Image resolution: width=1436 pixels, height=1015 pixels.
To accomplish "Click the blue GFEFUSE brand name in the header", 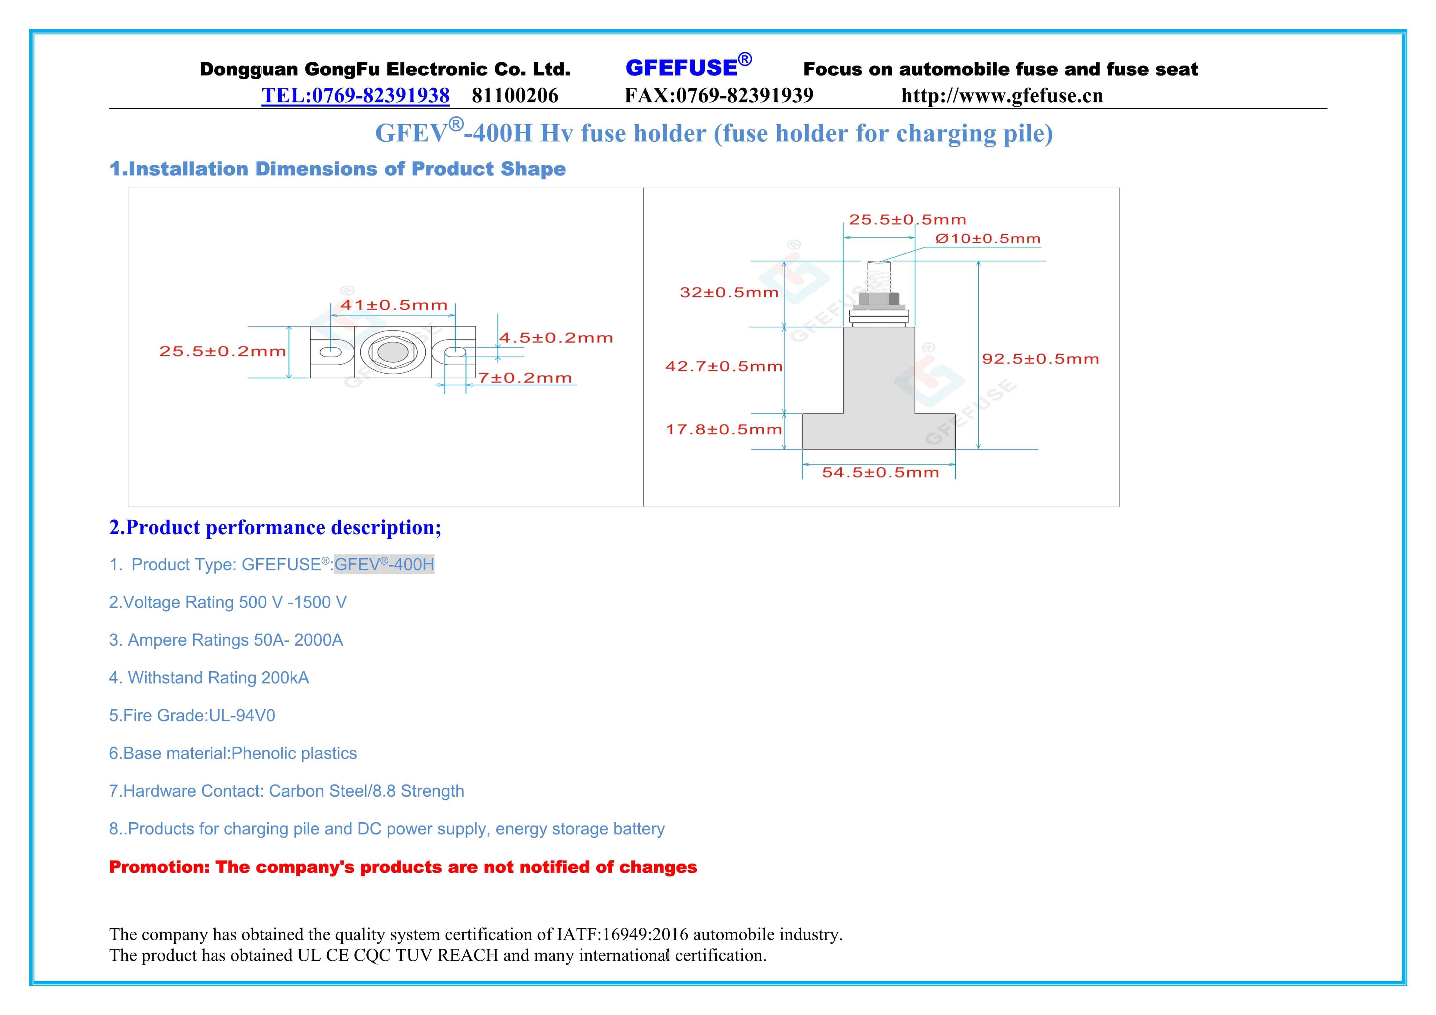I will (682, 68).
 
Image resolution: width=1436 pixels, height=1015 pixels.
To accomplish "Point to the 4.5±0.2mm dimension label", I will (555, 338).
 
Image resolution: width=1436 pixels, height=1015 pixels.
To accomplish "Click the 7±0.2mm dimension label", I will (525, 378).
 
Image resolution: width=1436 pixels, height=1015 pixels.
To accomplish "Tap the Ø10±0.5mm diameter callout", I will (988, 238).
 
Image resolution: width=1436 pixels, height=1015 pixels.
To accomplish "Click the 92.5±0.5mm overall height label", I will (1040, 359).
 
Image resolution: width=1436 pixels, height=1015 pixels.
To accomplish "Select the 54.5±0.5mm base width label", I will (880, 472).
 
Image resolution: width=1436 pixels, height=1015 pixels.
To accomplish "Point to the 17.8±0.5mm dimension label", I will (724, 429).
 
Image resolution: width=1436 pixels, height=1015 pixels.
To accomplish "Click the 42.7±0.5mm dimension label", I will (724, 366).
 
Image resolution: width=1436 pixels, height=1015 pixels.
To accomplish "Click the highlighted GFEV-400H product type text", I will (384, 564).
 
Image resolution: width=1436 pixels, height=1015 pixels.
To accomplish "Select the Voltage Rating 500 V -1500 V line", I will (228, 602).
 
